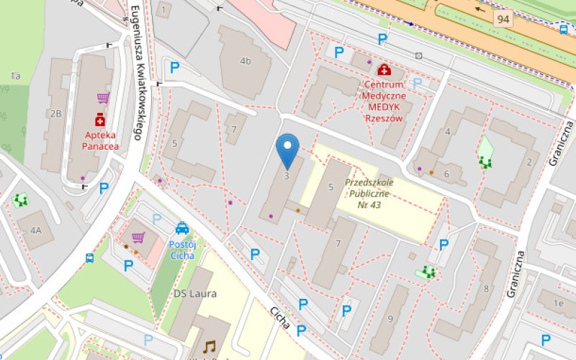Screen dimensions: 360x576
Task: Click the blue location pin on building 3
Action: click(288, 149)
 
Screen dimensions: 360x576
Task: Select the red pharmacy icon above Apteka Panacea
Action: click(100, 119)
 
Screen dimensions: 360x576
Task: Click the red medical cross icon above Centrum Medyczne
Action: click(384, 70)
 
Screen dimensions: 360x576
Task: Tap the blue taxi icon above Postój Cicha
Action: click(182, 228)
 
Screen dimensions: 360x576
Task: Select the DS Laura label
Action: click(194, 294)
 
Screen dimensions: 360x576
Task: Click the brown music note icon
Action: click(209, 346)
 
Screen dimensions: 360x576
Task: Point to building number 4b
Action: click(246, 60)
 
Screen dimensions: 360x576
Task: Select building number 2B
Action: click(55, 113)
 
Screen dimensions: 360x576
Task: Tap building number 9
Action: click(391, 319)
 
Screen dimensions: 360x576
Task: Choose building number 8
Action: click(486, 289)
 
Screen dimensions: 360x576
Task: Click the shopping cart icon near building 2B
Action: click(103, 98)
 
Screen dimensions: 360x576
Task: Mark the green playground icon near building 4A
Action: click(19, 200)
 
